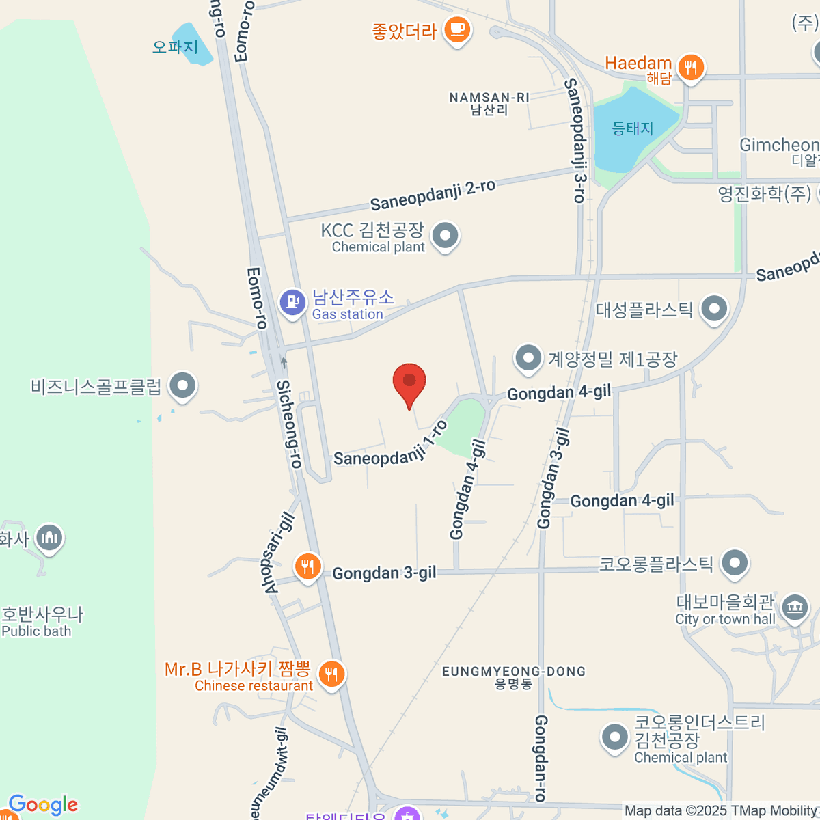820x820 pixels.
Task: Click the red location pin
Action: (409, 383)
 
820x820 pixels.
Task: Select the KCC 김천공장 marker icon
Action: (446, 236)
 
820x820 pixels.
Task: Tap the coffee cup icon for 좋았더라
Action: (456, 29)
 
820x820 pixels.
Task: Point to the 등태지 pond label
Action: (633, 128)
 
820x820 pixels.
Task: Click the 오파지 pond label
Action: (175, 46)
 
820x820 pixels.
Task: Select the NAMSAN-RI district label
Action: (489, 103)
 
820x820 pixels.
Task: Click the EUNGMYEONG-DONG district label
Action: (514, 676)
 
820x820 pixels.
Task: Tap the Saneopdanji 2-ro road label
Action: (433, 195)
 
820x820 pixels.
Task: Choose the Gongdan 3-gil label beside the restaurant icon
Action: (384, 573)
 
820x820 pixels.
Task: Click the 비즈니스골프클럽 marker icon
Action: (182, 386)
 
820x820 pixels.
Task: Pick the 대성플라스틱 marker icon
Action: (714, 309)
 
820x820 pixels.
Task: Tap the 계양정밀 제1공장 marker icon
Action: (528, 357)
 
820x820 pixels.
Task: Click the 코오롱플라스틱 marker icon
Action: (735, 564)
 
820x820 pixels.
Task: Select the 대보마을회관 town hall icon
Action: (794, 606)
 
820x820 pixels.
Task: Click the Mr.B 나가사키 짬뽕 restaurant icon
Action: (331, 674)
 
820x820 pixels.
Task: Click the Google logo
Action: (43, 806)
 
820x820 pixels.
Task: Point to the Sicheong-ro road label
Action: (289, 424)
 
